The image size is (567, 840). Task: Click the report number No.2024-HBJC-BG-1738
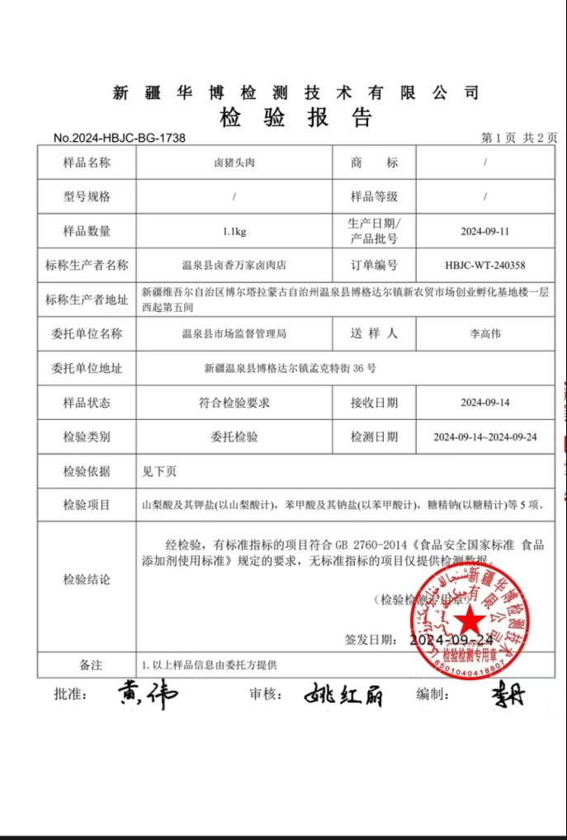click(x=119, y=138)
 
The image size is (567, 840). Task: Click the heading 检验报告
click(x=295, y=118)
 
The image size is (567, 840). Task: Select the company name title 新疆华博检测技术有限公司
click(x=295, y=92)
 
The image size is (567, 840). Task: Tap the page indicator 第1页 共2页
click(x=519, y=138)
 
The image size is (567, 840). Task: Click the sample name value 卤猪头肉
click(x=234, y=163)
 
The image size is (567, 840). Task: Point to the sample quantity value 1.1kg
click(x=234, y=231)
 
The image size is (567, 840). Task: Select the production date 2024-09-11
click(x=484, y=231)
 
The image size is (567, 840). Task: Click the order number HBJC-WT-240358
click(x=484, y=265)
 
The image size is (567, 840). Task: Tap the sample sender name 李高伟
click(x=484, y=333)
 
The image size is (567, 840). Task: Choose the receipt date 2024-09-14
click(x=484, y=403)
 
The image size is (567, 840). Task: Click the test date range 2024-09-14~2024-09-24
click(x=484, y=437)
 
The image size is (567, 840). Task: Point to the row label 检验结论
click(x=87, y=579)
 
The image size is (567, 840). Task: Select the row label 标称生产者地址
click(x=87, y=300)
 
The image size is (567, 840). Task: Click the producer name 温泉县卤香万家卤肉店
click(x=234, y=265)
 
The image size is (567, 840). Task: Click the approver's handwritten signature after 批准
click(x=147, y=695)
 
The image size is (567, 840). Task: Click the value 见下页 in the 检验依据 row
click(x=159, y=471)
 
